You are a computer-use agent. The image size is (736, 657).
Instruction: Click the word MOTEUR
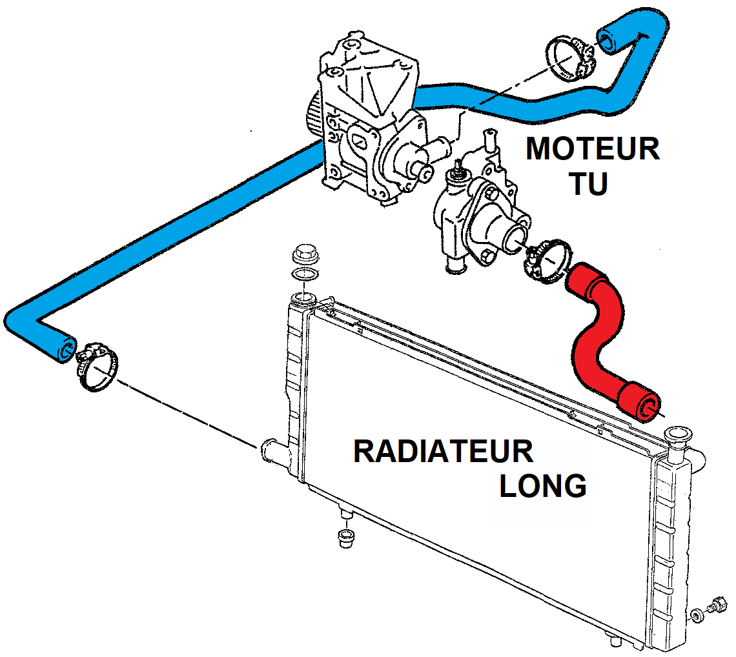593,150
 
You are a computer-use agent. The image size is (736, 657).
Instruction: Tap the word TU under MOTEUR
588,185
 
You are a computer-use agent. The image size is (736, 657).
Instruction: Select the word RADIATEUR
444,451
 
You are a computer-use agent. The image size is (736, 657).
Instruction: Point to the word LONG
543,486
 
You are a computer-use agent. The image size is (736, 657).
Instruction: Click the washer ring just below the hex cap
304,276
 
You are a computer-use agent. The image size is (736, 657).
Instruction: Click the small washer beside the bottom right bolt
697,614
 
